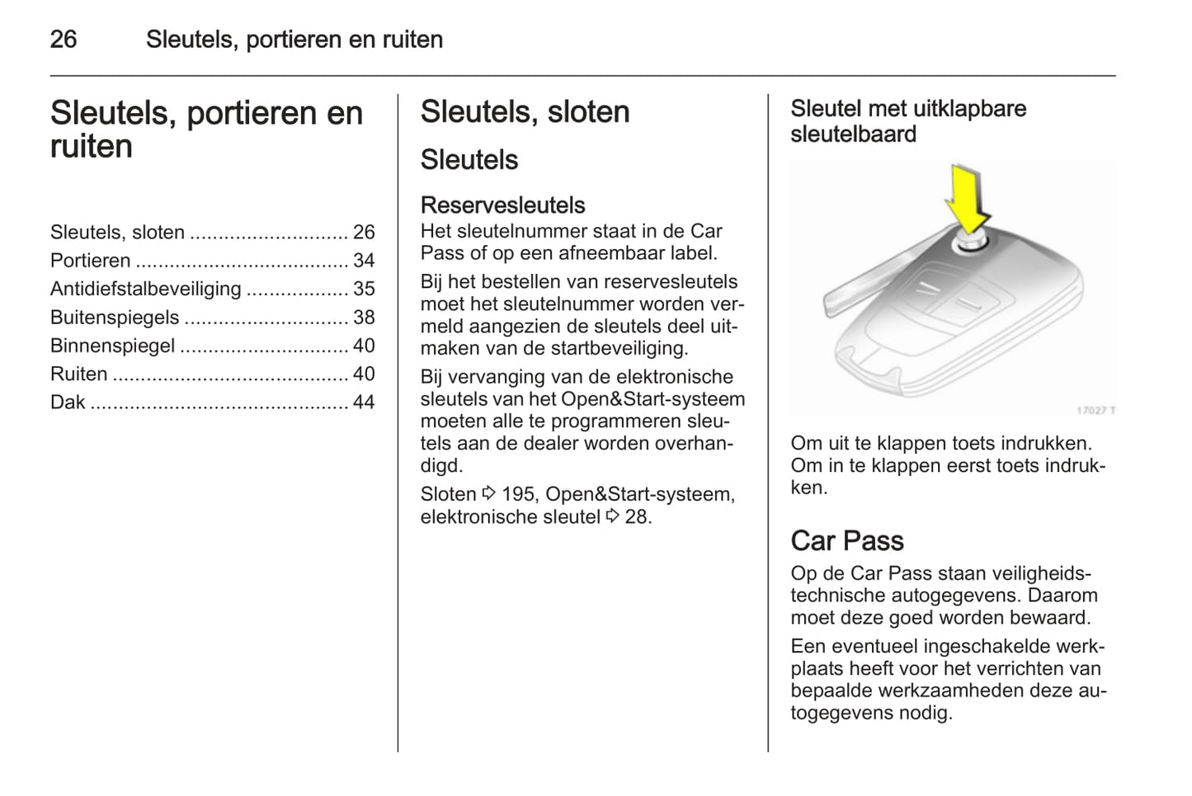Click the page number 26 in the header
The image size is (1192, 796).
tap(64, 39)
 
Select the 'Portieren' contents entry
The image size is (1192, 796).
tap(90, 261)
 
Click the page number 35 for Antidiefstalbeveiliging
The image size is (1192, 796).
tap(364, 289)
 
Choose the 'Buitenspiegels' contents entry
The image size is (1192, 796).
tap(115, 318)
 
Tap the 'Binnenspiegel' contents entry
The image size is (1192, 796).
tap(112, 346)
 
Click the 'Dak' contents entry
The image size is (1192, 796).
tap(68, 403)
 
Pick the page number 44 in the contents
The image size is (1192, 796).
tap(364, 403)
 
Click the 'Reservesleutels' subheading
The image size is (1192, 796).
tap(502, 205)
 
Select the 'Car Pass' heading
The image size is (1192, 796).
tap(846, 540)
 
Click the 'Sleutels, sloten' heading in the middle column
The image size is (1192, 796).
tap(525, 112)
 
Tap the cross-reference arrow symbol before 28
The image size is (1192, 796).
tap(612, 516)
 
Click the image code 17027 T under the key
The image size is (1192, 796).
tap(1095, 410)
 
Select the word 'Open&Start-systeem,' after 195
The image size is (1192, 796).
tap(640, 495)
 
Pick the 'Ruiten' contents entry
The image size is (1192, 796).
tap(79, 374)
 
